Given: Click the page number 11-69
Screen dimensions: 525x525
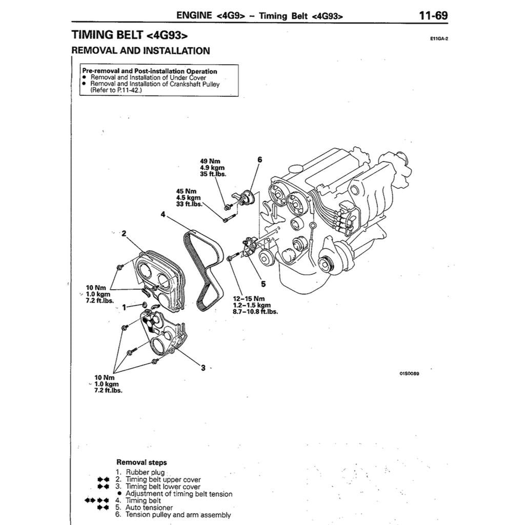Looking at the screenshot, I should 433,15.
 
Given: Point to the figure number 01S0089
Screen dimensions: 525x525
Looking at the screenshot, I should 409,373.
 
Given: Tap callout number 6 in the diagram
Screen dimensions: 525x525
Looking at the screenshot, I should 259,160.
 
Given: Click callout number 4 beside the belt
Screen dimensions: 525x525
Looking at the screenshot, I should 163,214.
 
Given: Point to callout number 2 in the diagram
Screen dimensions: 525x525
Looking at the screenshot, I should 123,234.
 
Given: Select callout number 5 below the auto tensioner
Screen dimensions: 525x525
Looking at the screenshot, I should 262,284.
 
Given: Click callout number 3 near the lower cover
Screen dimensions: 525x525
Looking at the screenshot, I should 203,368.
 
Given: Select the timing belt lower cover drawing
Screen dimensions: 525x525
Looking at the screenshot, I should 159,333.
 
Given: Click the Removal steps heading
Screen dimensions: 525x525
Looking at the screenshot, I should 142,462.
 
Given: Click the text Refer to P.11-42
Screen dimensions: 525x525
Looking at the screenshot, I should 115,90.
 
